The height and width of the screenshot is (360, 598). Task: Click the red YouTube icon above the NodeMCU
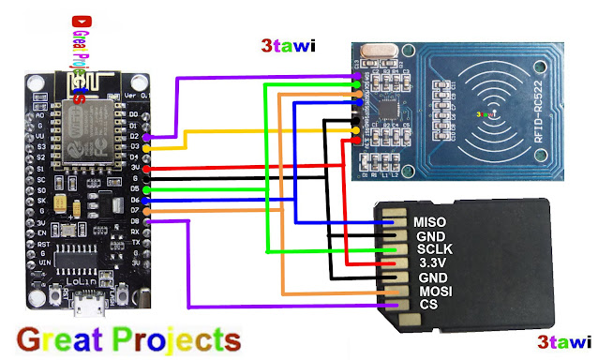(x=77, y=20)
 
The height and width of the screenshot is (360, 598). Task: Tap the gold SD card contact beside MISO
(x=393, y=222)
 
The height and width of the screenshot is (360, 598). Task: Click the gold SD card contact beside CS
(x=393, y=305)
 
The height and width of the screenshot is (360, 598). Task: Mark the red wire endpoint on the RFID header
(x=357, y=142)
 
